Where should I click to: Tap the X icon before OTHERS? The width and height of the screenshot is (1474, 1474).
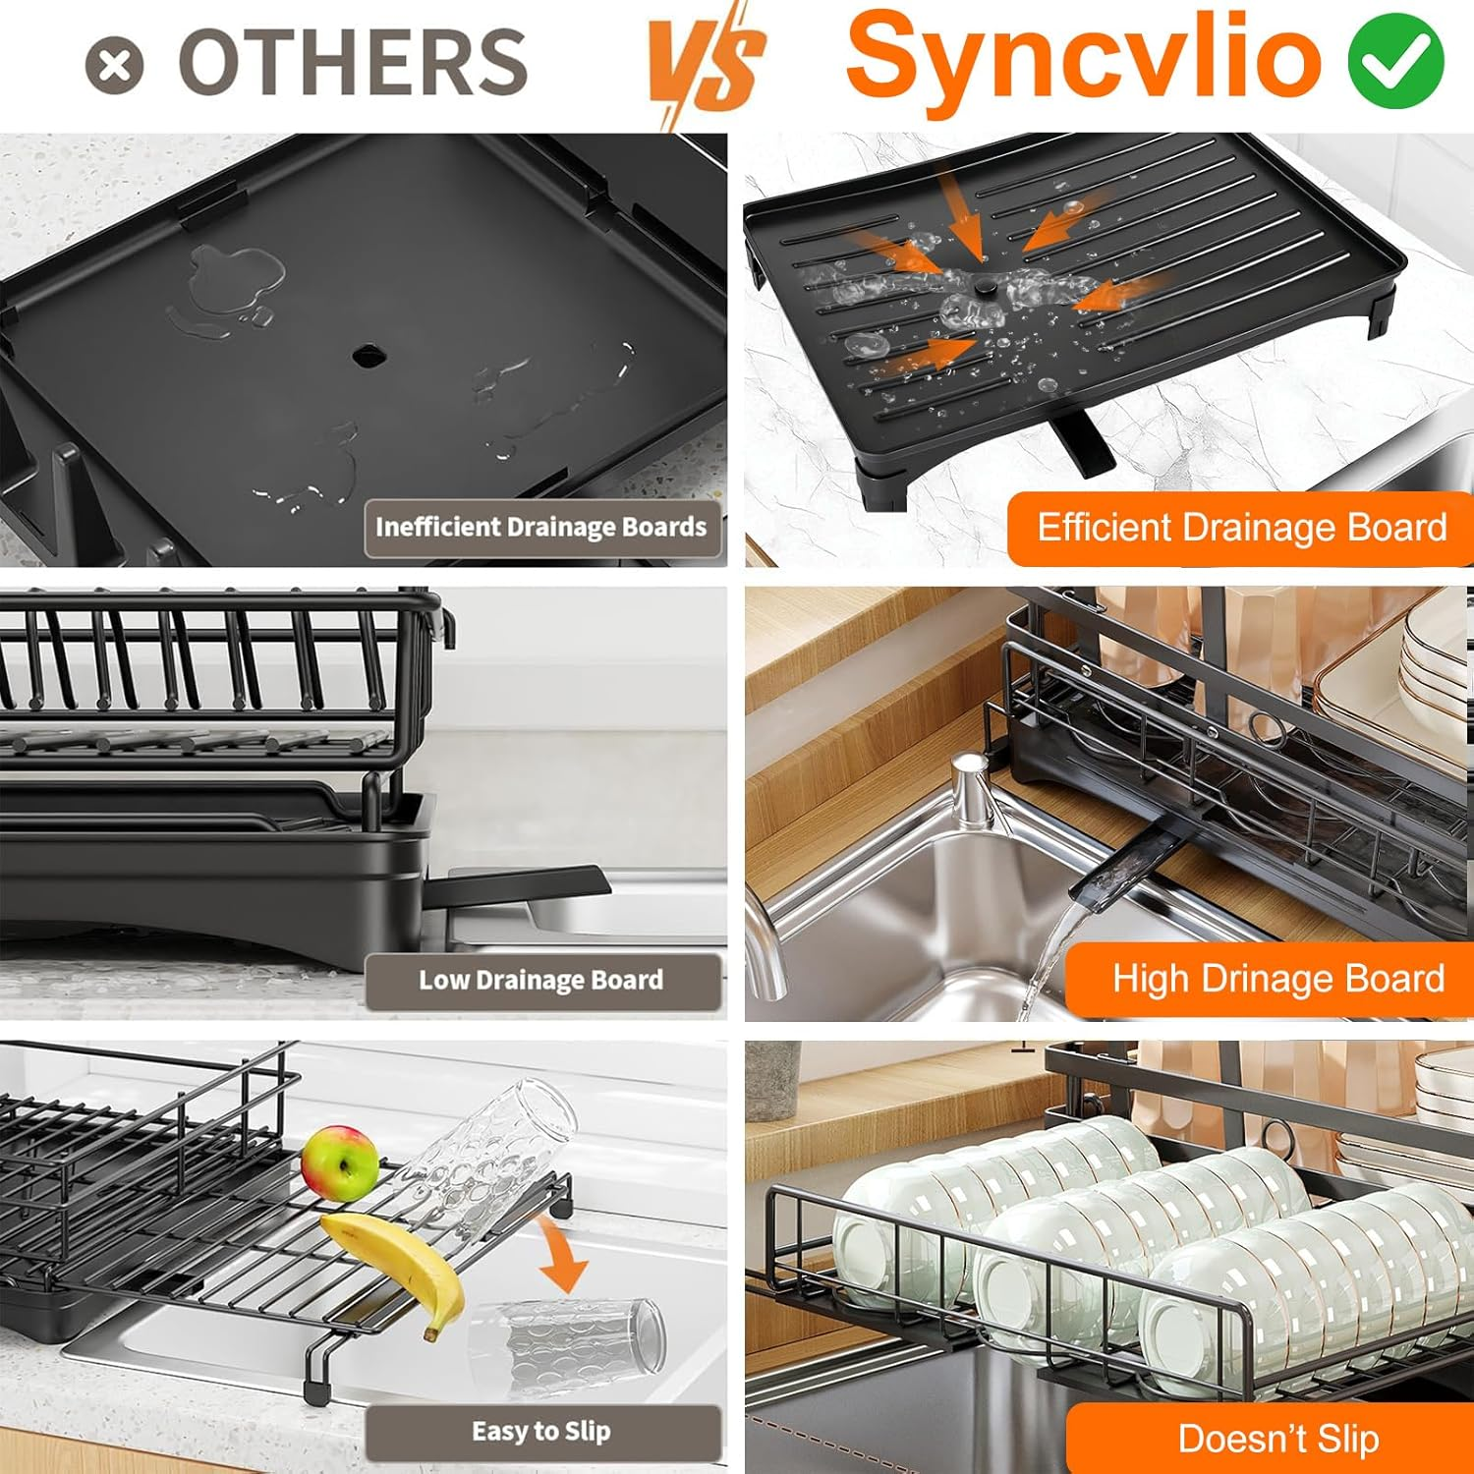coord(114,66)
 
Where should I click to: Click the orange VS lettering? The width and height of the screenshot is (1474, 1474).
coord(706,64)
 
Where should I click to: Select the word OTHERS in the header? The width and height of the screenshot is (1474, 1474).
coord(353,63)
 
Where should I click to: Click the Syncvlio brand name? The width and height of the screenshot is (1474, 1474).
coord(1084,57)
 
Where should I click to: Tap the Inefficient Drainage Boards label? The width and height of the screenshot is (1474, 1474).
coord(541,528)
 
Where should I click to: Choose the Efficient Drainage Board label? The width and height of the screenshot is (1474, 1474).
coord(1241,528)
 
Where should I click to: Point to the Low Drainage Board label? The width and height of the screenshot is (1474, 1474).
coord(541,981)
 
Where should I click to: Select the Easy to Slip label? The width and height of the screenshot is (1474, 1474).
coord(541,1432)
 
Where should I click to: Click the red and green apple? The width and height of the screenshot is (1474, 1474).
coord(340,1163)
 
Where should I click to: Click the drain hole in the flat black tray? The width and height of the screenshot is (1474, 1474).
coord(368,355)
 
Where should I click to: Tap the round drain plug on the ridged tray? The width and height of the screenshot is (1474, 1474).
coord(984,286)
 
